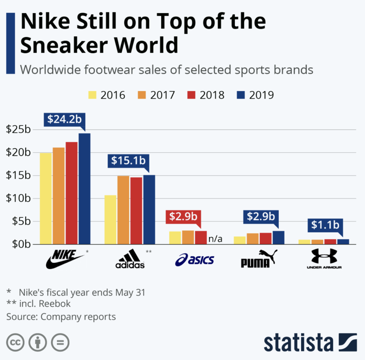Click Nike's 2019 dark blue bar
click(x=84, y=189)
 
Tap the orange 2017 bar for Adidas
click(x=123, y=210)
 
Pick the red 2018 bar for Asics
click(x=201, y=237)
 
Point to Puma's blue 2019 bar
click(x=278, y=237)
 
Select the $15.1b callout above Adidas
click(x=128, y=161)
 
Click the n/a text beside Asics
click(x=215, y=238)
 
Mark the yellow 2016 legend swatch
click(x=92, y=96)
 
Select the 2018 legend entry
click(x=207, y=95)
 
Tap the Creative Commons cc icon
click(x=15, y=343)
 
